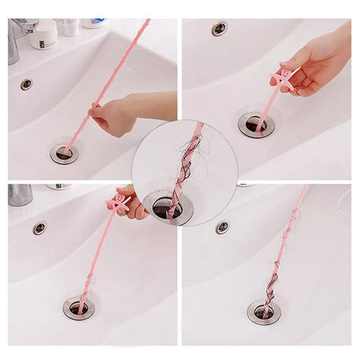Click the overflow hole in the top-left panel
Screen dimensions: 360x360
point(26,84)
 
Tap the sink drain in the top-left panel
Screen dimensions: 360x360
point(64,152)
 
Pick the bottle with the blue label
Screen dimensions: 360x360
point(94,23)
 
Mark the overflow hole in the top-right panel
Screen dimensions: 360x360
point(219,28)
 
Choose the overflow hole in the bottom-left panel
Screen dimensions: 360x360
point(39,228)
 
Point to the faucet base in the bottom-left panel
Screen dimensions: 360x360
point(20,194)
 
